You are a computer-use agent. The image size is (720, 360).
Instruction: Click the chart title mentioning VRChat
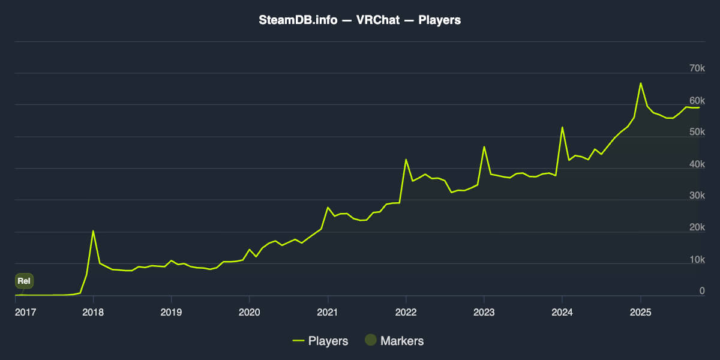coord(359,20)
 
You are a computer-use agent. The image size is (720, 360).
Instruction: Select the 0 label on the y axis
coord(701,291)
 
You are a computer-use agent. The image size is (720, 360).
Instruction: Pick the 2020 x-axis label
coord(249,311)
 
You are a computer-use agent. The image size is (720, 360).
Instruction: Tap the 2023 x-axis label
coord(484,311)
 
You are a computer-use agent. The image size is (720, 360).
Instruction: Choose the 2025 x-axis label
coord(640,311)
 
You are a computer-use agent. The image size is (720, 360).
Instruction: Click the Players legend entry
coord(320,341)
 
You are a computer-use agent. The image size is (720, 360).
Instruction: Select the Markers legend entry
coord(394,341)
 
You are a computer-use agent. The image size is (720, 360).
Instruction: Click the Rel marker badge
coord(24,280)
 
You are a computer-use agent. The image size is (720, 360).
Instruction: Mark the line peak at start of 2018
coord(93,231)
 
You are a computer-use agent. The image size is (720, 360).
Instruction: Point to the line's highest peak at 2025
coord(640,83)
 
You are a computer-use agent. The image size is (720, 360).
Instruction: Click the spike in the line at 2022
coord(406,160)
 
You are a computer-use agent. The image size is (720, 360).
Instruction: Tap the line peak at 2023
coord(484,147)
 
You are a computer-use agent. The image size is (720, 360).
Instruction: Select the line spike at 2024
coord(562,127)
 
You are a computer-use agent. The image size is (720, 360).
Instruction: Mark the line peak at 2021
coord(328,208)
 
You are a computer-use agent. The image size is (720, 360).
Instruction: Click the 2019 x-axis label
coord(171,311)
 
